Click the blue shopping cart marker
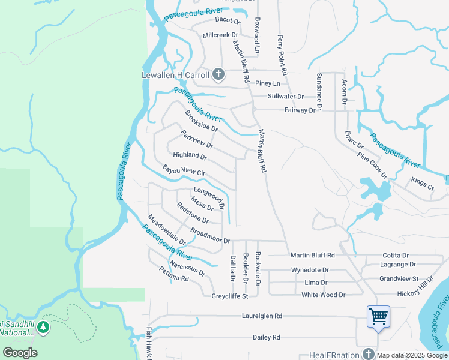click(378, 316)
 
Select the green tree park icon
click(43, 327)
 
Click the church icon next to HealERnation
click(367, 355)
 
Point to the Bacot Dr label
click(228, 20)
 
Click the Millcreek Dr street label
click(220, 35)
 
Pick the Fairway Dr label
click(300, 110)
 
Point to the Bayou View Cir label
click(185, 171)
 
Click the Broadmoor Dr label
click(210, 236)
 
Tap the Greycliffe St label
click(230, 296)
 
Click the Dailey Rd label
click(267, 338)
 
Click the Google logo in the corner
click(20, 353)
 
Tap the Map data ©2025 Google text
click(412, 355)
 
